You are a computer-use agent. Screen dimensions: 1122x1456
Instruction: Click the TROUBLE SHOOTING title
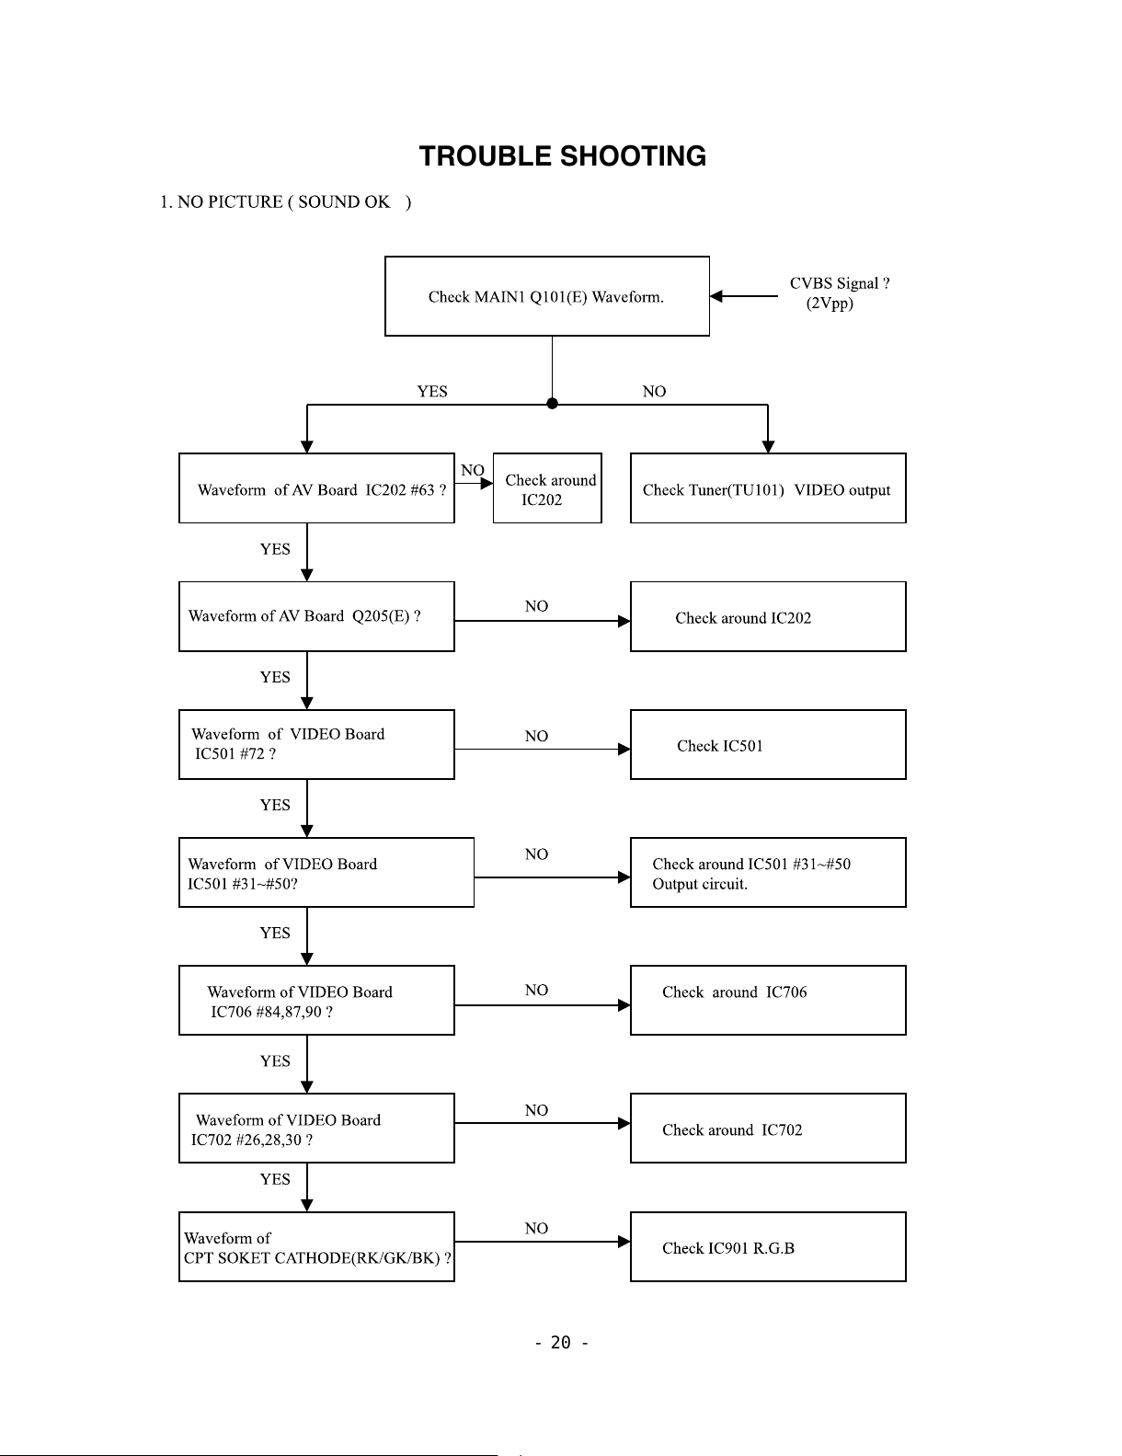point(562,156)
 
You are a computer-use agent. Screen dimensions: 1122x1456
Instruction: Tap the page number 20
point(561,1343)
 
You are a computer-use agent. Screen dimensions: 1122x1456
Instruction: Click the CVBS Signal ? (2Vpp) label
point(839,292)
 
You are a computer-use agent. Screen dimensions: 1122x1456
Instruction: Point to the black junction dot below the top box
point(552,404)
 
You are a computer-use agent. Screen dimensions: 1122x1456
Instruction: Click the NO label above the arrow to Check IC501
point(536,736)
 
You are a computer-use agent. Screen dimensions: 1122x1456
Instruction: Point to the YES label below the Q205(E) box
point(275,677)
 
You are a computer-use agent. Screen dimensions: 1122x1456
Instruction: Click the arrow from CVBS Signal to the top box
point(743,296)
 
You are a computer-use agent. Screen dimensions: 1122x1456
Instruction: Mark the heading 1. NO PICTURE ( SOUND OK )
point(285,201)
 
